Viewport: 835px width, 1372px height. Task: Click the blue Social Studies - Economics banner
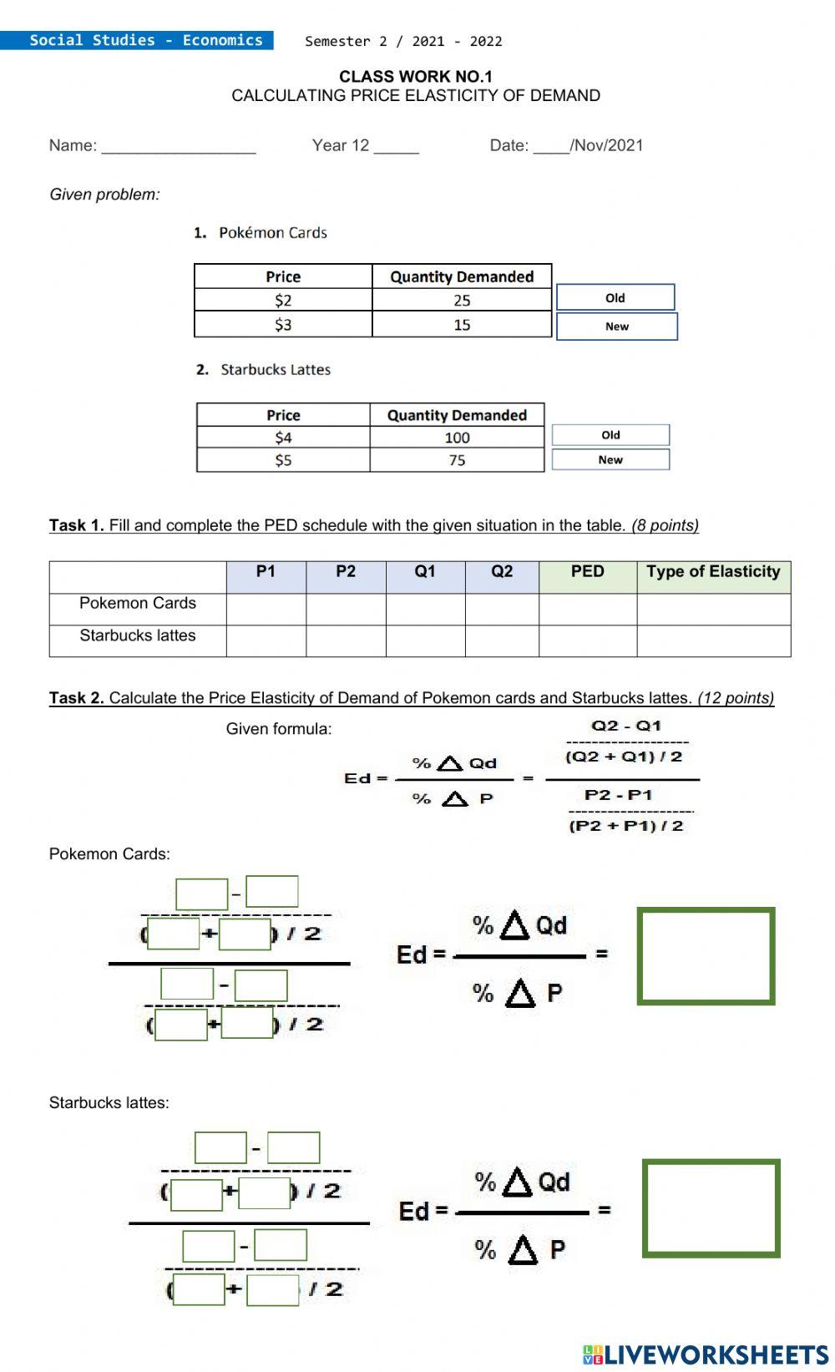(137, 40)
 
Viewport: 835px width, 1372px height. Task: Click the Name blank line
(178, 147)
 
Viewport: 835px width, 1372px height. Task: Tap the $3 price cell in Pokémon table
(283, 325)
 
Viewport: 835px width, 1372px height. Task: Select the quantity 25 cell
(462, 301)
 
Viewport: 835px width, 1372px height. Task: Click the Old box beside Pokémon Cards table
(615, 298)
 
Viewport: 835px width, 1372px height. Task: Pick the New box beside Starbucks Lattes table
(610, 460)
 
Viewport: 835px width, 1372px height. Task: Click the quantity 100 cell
(457, 438)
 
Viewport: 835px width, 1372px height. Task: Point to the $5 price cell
(283, 460)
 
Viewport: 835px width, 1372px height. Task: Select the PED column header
(587, 572)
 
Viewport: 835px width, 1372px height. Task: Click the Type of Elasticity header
(713, 572)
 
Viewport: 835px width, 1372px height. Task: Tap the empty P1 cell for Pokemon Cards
(266, 609)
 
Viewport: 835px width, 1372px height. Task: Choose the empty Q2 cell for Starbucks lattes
(501, 640)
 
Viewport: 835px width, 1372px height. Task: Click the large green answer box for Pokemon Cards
(706, 956)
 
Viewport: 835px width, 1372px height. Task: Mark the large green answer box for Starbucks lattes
(711, 1208)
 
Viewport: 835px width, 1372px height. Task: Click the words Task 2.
(76, 698)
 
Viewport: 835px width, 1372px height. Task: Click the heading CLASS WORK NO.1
(415, 77)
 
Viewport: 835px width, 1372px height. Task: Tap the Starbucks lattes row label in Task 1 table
(137, 635)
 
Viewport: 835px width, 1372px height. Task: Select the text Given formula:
(278, 729)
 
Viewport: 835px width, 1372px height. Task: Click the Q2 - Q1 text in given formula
(625, 726)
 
